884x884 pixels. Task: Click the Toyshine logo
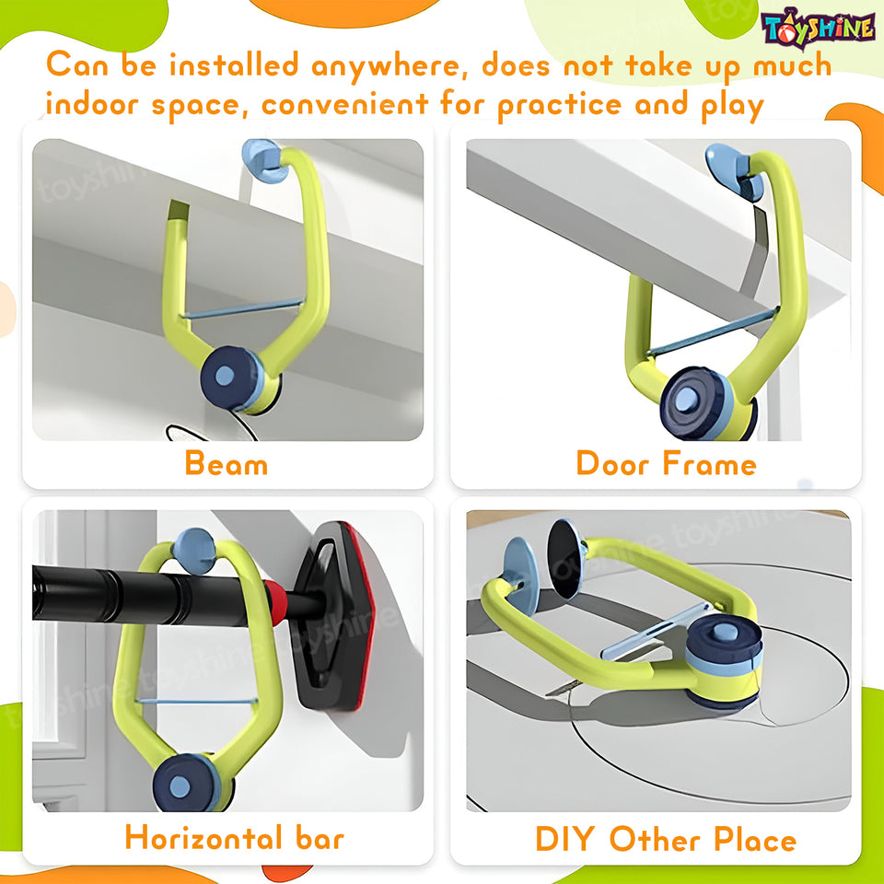point(817,28)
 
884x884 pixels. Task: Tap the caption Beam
point(227,463)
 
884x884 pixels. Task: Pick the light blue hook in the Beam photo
point(262,158)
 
